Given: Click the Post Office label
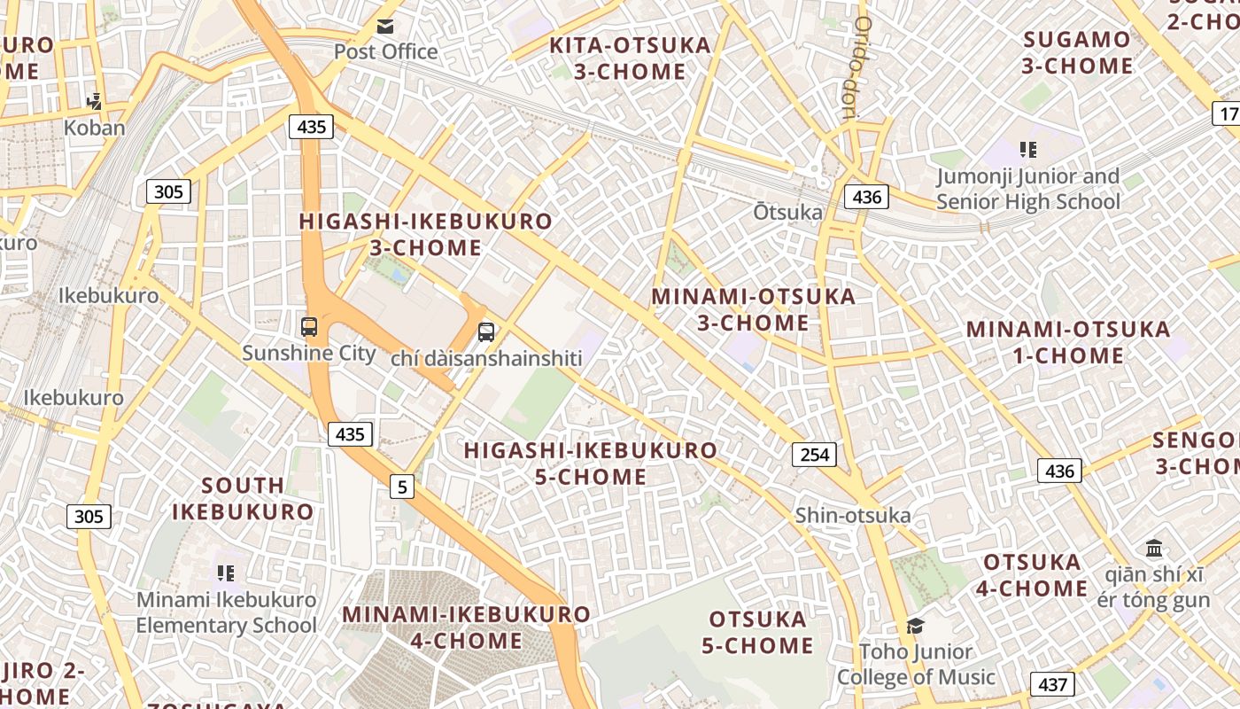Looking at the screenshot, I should [385, 51].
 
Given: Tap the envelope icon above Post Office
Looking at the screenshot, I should [385, 27].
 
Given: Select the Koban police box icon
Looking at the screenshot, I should [95, 102].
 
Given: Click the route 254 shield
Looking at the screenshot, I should [814, 455].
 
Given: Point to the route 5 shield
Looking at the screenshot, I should [403, 486].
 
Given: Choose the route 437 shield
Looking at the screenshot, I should [1052, 684].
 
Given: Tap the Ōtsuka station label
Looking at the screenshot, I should [787, 212].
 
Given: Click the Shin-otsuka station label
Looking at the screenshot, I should [852, 515].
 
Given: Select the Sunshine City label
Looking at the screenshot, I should [309, 353].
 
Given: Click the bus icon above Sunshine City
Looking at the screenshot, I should [309, 327].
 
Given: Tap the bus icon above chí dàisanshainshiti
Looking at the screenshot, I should [486, 332].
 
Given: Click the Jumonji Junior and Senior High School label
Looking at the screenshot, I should [1027, 189].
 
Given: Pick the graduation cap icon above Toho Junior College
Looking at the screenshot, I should [915, 626].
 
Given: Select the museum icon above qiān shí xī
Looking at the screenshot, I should [1153, 549].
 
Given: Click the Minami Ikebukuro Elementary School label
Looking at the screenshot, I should [226, 612].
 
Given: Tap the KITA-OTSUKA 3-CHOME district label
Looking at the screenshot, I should [630, 58].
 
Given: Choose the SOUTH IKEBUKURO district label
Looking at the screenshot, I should [243, 498].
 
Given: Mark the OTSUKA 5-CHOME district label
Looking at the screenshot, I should [757, 632].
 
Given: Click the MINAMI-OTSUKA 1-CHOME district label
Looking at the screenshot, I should [1068, 342].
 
